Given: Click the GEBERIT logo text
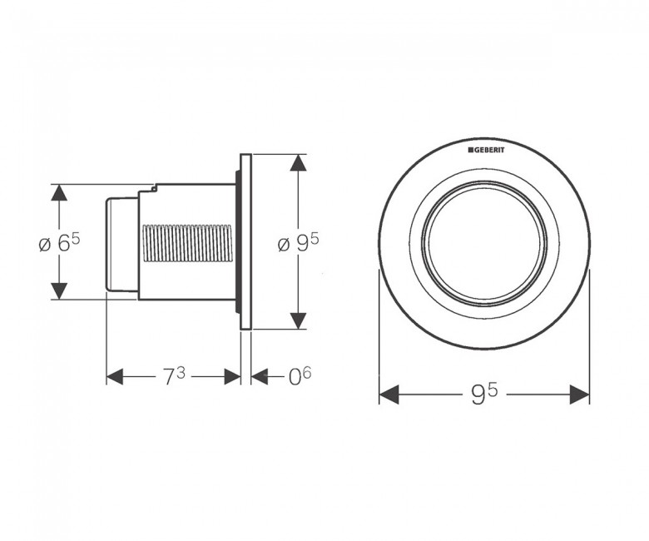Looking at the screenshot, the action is pyautogui.click(x=487, y=150).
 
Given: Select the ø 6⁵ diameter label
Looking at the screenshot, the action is pyautogui.click(x=59, y=243).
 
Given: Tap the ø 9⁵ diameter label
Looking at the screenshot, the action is pyautogui.click(x=299, y=243).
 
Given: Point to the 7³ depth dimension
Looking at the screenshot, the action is pyautogui.click(x=173, y=377).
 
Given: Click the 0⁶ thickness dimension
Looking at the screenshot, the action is pyautogui.click(x=300, y=376).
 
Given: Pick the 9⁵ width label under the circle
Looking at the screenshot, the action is pyautogui.click(x=484, y=394).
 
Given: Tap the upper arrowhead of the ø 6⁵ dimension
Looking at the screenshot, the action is pyautogui.click(x=59, y=192).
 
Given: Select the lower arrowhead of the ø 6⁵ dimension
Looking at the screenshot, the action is pyautogui.click(x=59, y=290).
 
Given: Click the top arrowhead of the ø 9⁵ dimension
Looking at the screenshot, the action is pyautogui.click(x=299, y=162).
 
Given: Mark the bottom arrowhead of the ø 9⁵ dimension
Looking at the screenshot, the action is pyautogui.click(x=299, y=320).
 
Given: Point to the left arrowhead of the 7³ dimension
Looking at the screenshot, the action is pyautogui.click(x=115, y=377).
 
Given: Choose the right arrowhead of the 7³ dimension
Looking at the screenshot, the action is pyautogui.click(x=232, y=377).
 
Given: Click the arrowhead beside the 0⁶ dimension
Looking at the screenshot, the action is pyautogui.click(x=260, y=377).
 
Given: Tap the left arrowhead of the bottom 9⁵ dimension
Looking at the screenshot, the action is pyautogui.click(x=389, y=394).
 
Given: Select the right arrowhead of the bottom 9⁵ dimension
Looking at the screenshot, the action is pyautogui.click(x=579, y=394).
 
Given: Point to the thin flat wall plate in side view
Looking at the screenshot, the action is pyautogui.click(x=245, y=241).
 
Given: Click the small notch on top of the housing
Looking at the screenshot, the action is pyautogui.click(x=154, y=188).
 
